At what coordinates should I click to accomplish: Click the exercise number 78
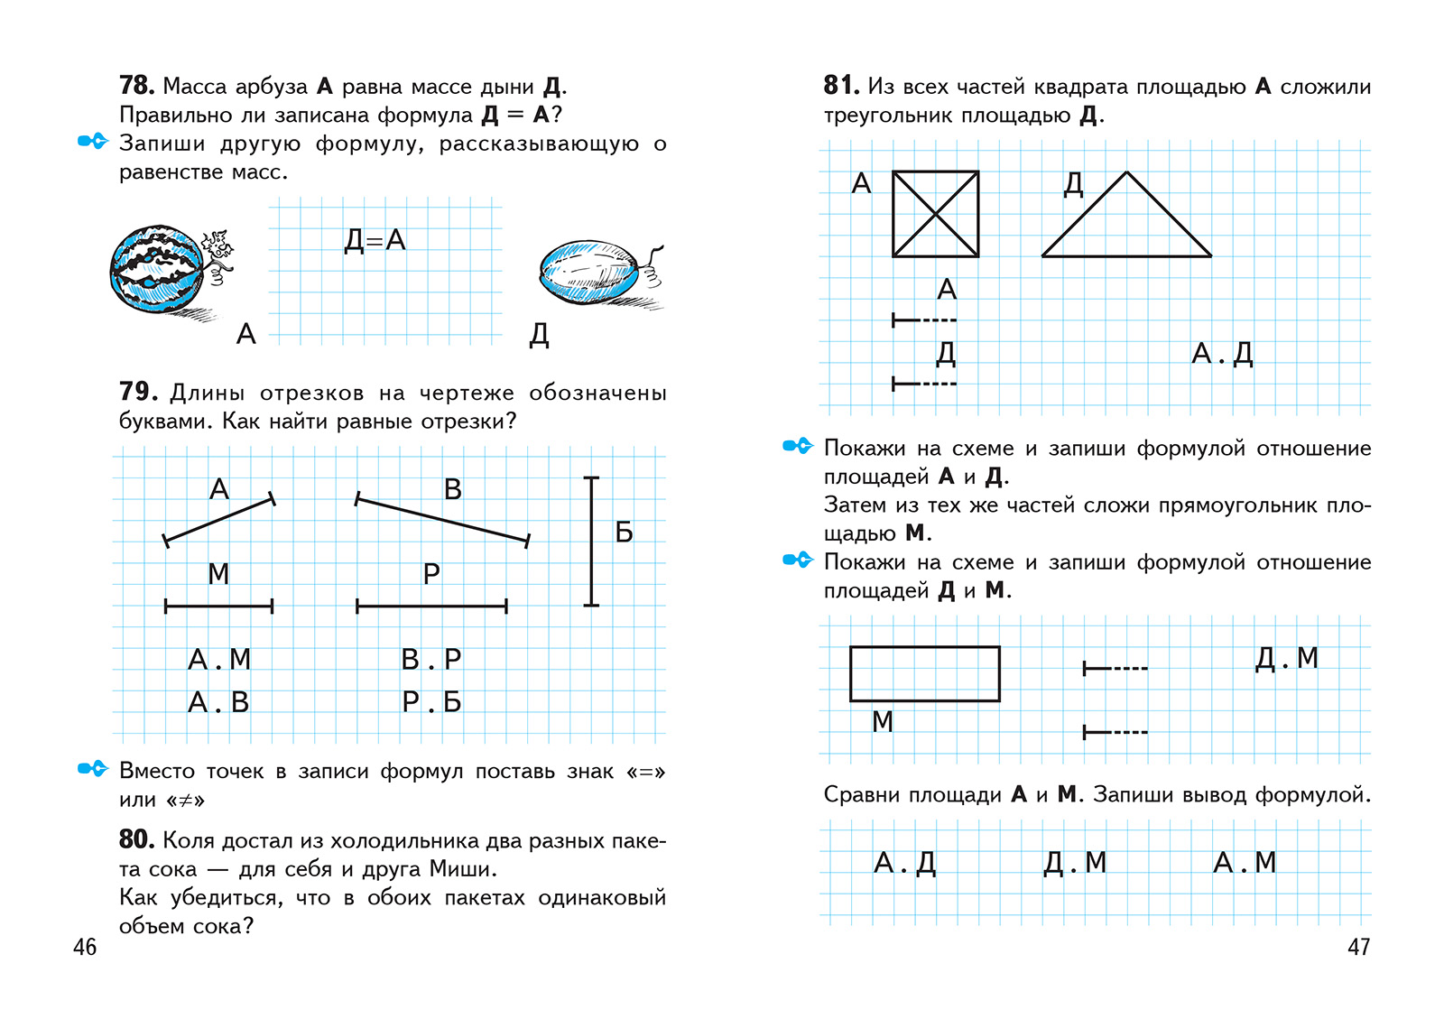136,86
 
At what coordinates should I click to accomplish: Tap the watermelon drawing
158,270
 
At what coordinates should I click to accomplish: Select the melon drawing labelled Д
591,272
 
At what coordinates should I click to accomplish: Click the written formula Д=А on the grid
375,240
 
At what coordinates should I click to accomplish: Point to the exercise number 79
138,392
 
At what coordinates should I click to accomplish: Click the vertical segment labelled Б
591,542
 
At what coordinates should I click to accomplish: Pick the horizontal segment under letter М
218,607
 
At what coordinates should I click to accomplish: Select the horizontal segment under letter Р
431,607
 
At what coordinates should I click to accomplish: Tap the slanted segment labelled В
442,520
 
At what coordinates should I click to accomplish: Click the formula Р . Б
431,702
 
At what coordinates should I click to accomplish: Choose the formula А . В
218,702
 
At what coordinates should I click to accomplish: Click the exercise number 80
136,839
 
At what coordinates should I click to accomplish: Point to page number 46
85,947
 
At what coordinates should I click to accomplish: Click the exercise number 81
840,86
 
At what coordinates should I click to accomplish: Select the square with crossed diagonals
936,214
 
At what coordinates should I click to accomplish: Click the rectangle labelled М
925,673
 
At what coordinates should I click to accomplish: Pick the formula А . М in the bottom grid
1245,863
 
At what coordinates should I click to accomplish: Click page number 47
1358,947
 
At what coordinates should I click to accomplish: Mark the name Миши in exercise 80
461,869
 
